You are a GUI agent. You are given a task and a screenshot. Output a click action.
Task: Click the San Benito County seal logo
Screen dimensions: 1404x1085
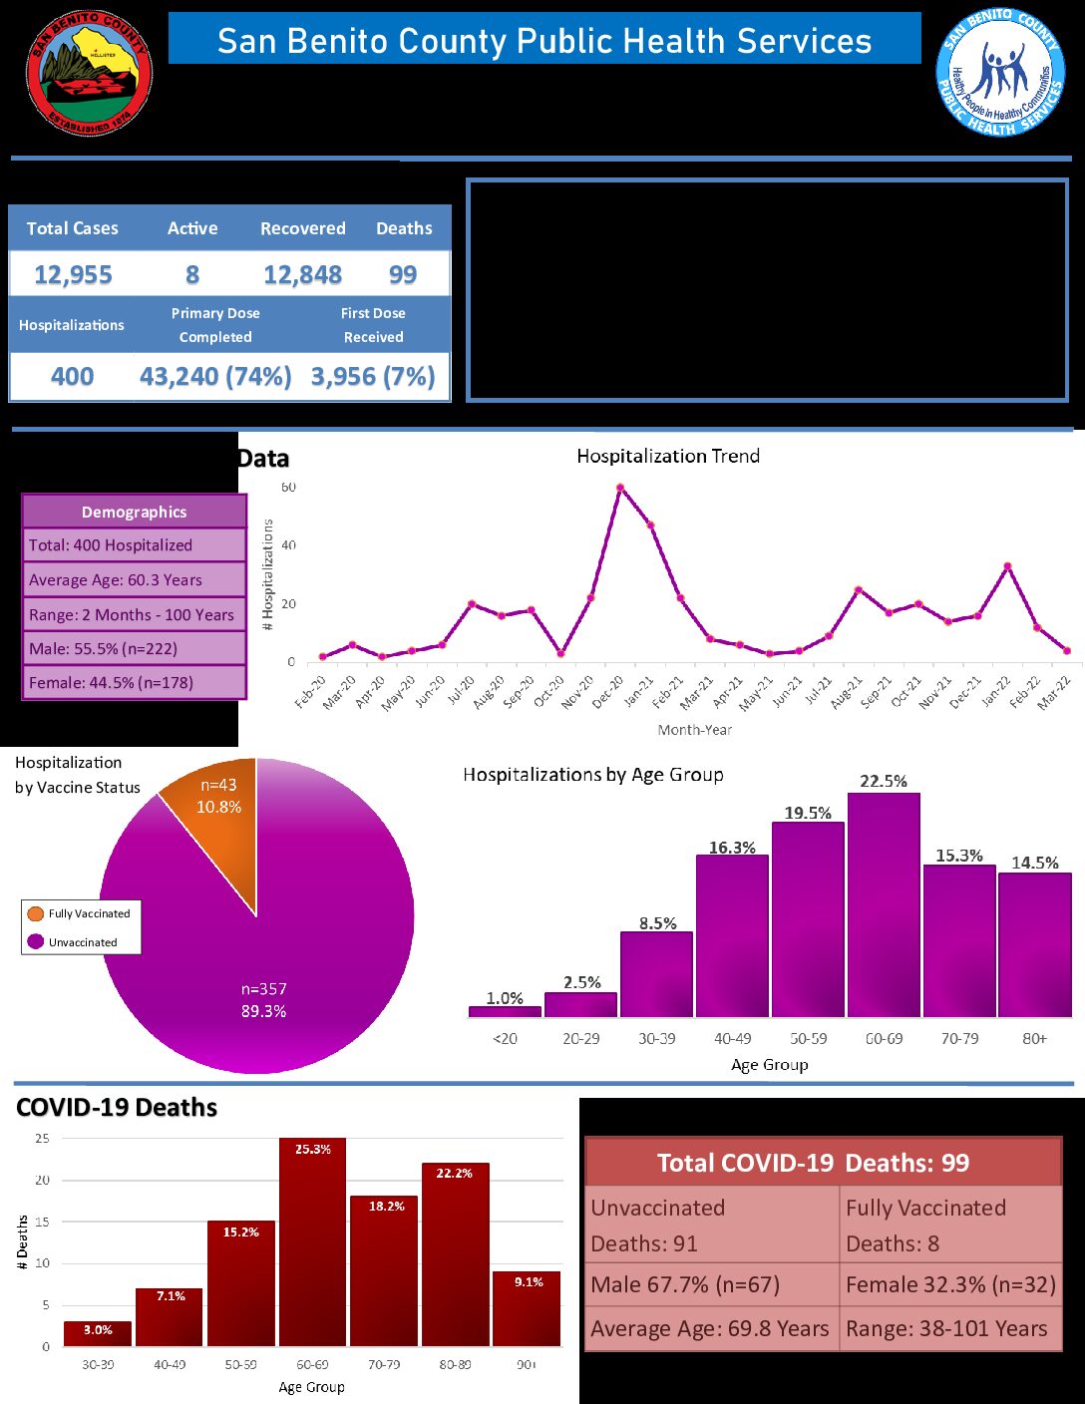point(89,73)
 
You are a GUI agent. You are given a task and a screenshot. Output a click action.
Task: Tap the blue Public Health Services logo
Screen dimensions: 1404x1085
point(999,73)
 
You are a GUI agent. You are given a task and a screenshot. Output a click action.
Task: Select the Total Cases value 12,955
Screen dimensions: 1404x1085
point(73,275)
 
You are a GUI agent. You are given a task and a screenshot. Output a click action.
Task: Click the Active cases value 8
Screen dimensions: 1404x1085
point(192,275)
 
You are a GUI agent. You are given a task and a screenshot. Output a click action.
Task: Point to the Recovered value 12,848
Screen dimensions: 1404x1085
point(302,275)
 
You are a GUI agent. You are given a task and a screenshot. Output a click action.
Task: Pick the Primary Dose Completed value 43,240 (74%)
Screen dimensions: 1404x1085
point(215,377)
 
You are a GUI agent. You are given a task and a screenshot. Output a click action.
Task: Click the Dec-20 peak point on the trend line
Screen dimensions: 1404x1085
point(620,488)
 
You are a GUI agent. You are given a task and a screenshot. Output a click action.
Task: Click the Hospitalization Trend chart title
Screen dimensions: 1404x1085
point(668,457)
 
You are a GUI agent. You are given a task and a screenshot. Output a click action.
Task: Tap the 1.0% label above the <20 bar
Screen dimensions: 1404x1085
point(505,998)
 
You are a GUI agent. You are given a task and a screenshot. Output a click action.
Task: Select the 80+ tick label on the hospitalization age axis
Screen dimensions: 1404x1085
point(1034,1039)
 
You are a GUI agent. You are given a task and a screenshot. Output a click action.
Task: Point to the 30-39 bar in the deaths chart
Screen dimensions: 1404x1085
point(98,1334)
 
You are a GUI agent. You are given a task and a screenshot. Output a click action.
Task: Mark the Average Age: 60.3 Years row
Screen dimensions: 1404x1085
point(134,580)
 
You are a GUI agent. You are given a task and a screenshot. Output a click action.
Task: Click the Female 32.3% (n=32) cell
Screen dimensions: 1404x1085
point(950,1285)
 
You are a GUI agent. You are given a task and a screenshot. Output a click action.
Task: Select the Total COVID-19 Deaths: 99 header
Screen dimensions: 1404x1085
point(823,1163)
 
